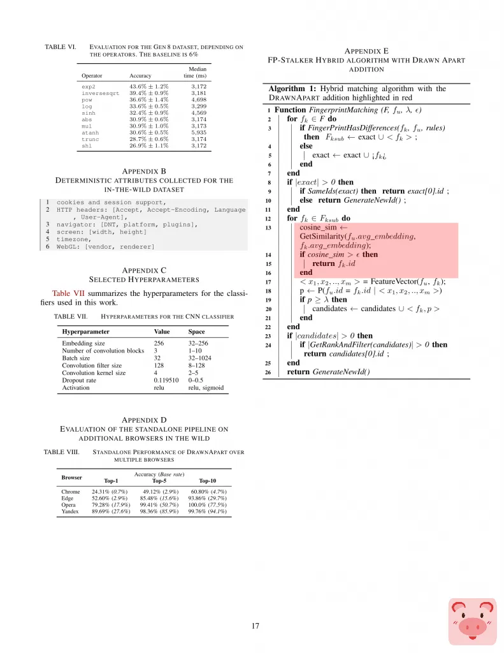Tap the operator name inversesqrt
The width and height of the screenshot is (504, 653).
(100, 92)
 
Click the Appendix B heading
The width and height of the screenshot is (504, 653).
(145, 171)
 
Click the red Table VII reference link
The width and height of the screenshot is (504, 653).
(66, 293)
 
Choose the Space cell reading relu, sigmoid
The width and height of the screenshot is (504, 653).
(206, 387)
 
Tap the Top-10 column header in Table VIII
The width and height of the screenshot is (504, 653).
(208, 480)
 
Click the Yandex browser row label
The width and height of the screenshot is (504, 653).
(71, 511)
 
